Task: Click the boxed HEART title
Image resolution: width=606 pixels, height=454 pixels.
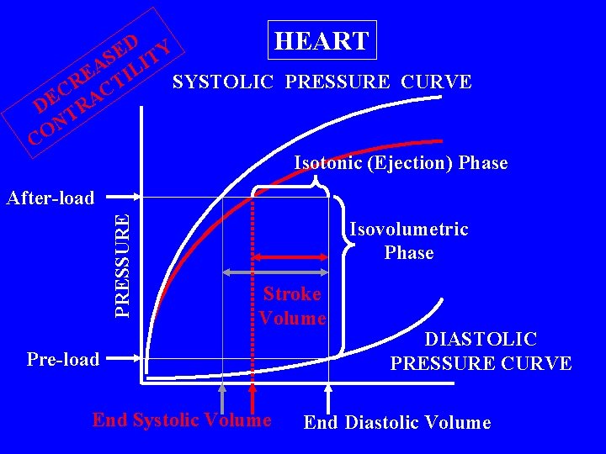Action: (322, 40)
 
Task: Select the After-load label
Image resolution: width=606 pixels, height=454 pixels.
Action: (50, 198)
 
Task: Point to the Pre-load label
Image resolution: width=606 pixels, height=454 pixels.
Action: (63, 360)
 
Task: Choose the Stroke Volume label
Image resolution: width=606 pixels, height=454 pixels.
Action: (292, 306)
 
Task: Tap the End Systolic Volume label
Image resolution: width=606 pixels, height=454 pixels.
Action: (182, 420)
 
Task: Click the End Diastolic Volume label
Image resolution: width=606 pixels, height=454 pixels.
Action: (396, 422)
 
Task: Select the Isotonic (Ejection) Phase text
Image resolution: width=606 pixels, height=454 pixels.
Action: (401, 163)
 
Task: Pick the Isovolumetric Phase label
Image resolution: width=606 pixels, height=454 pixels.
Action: (409, 240)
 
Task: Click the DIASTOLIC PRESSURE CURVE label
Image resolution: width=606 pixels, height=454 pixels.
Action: (481, 351)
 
